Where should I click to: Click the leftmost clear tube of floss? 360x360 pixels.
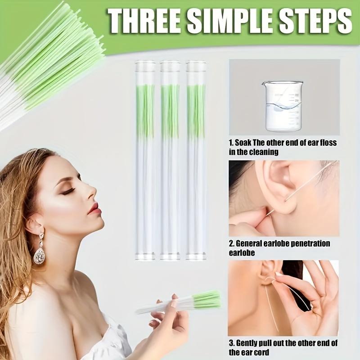(x=145, y=160)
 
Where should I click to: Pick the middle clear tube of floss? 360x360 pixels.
(x=170, y=160)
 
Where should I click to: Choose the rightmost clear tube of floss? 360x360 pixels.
(x=196, y=160)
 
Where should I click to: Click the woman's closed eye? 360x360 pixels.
(x=68, y=191)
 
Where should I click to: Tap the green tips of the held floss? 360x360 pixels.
(x=207, y=299)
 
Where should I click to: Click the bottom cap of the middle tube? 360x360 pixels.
(x=170, y=257)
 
